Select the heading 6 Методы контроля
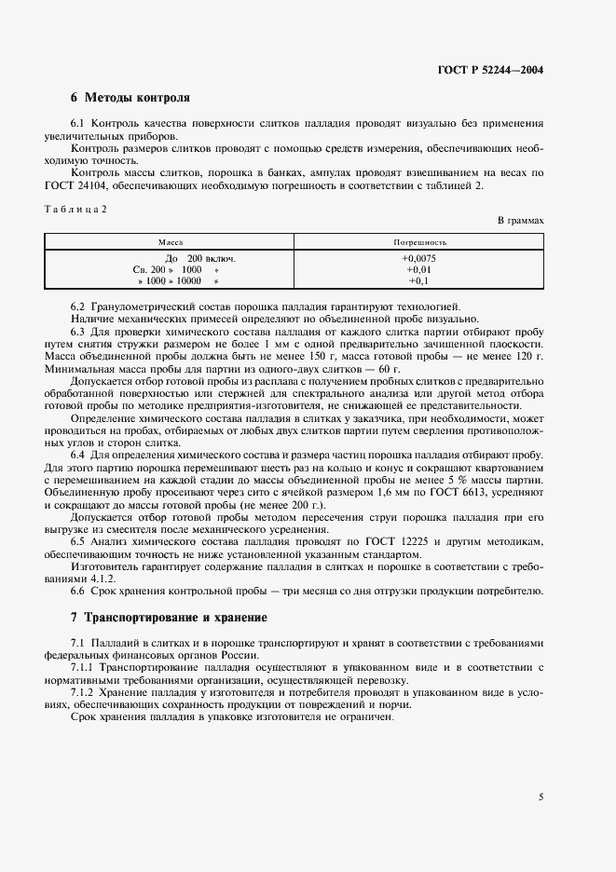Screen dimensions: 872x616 click(x=130, y=97)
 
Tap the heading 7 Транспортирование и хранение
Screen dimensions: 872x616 click(x=169, y=618)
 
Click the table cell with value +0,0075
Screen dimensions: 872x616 click(x=418, y=258)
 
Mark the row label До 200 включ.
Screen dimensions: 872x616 click(x=200, y=258)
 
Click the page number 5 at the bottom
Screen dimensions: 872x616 click(x=541, y=797)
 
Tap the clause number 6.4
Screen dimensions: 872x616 click(x=78, y=454)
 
